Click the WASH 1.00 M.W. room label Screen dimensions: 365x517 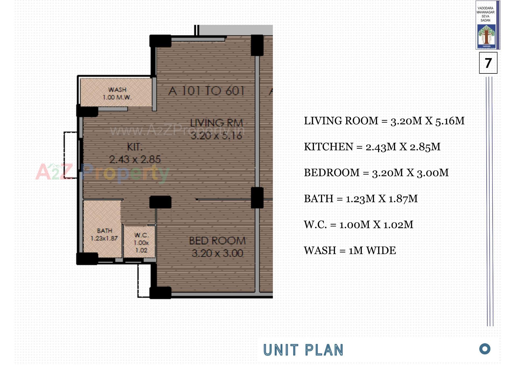coord(117,93)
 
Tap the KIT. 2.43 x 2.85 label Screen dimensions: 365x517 coord(135,153)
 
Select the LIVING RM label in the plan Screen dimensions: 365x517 coord(216,123)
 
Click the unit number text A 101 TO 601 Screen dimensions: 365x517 coord(206,91)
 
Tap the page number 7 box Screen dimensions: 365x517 coord(488,63)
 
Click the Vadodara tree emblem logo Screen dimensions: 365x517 coord(486,35)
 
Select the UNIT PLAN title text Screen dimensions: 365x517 coord(303,350)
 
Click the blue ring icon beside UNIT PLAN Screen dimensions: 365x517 coord(485,349)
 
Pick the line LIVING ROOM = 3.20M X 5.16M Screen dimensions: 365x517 coord(384,121)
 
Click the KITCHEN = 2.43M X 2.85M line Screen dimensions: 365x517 coord(372,147)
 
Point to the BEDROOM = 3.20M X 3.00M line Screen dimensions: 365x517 coord(376,173)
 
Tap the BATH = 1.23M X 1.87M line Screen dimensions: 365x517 coord(361,199)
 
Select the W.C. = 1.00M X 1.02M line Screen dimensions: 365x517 coord(358,225)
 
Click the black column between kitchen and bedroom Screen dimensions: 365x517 coord(160,202)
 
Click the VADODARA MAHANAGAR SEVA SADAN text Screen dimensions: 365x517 coord(485,14)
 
